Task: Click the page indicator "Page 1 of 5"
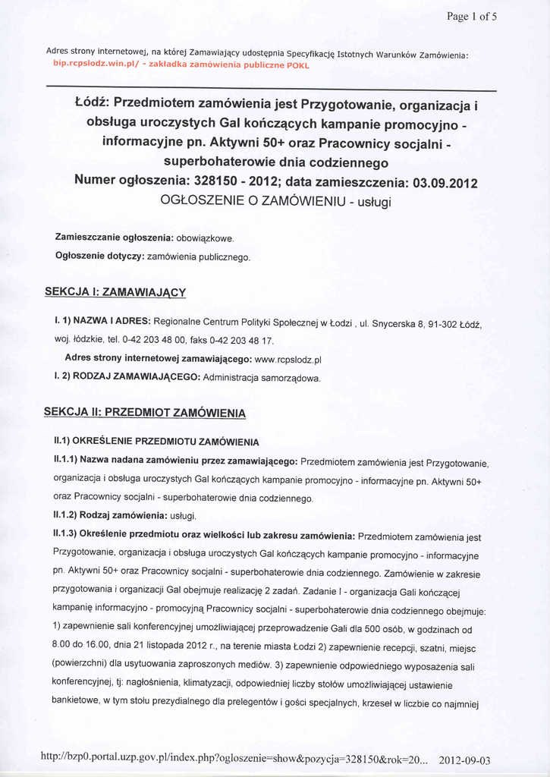click(471, 17)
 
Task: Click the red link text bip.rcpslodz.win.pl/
click(93, 65)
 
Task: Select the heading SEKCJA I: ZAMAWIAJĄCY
click(115, 291)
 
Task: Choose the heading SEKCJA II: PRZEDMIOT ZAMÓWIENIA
click(144, 413)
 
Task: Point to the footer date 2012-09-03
click(464, 760)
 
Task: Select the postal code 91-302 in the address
click(443, 325)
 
